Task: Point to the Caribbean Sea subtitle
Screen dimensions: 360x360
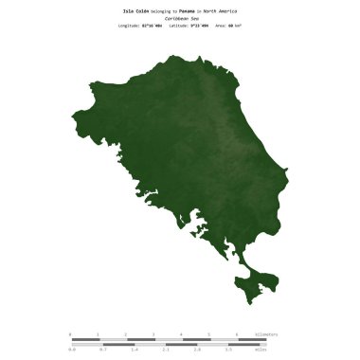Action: (179, 17)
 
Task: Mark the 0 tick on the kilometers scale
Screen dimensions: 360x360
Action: (70, 334)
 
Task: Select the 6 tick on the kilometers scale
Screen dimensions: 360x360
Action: (236, 334)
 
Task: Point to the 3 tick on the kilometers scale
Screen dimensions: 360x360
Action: (153, 334)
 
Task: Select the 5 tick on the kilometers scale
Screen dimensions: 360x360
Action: (208, 334)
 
